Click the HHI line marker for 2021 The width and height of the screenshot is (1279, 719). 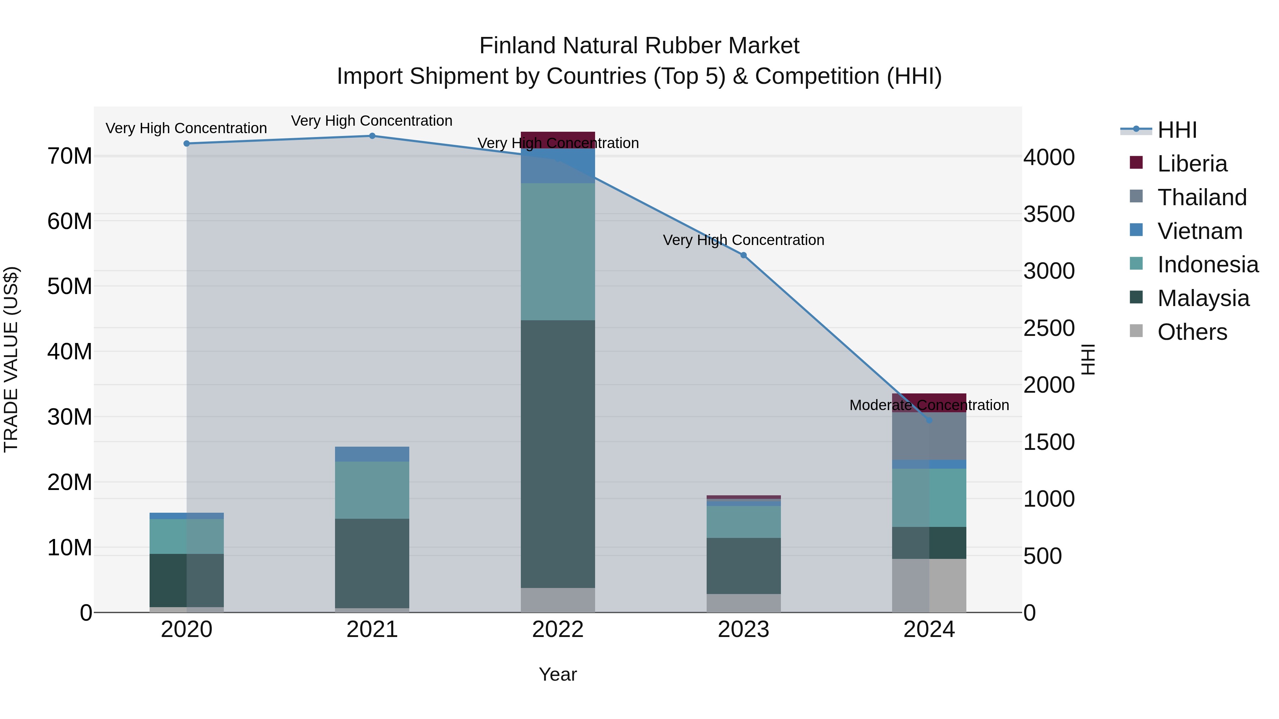coord(372,136)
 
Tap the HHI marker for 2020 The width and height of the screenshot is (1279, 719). coord(187,144)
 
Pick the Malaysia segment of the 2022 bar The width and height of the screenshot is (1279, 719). coord(557,454)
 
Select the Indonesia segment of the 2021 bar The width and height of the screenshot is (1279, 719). coord(372,490)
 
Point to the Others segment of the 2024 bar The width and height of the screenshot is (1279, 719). coord(929,585)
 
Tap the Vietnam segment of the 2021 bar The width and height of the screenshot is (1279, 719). coord(372,454)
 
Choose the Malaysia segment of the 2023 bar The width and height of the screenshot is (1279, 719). coord(743,566)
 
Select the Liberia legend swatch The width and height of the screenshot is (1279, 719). coord(1136,163)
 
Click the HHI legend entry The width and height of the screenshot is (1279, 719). coord(1177,130)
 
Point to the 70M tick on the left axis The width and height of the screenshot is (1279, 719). coord(70,156)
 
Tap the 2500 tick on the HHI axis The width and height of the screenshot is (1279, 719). coord(1049,328)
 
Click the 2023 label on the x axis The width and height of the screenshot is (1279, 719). coord(743,630)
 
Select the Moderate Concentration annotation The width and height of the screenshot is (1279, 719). coord(929,405)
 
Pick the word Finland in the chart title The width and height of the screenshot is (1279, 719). coord(518,46)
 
